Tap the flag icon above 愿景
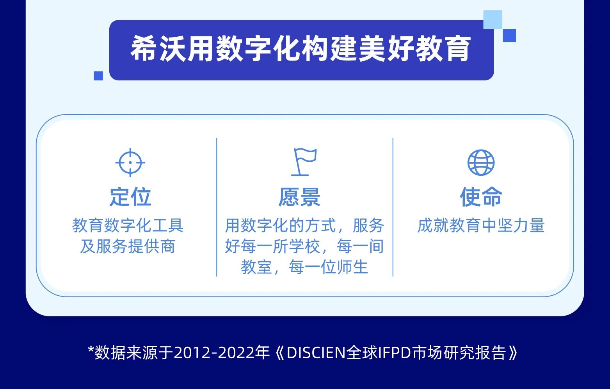[304, 162]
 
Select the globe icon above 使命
[481, 162]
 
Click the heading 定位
[130, 197]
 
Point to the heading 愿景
[299, 197]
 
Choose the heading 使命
[481, 197]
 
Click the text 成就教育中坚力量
[481, 225]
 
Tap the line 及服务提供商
[128, 246]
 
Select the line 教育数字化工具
[128, 225]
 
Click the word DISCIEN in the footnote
[316, 353]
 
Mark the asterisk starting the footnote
[91, 350]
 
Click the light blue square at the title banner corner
[493, 20]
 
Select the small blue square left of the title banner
[98, 76]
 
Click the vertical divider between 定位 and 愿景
[217, 207]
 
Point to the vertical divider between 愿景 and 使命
[393, 207]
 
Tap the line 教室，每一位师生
[304, 267]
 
